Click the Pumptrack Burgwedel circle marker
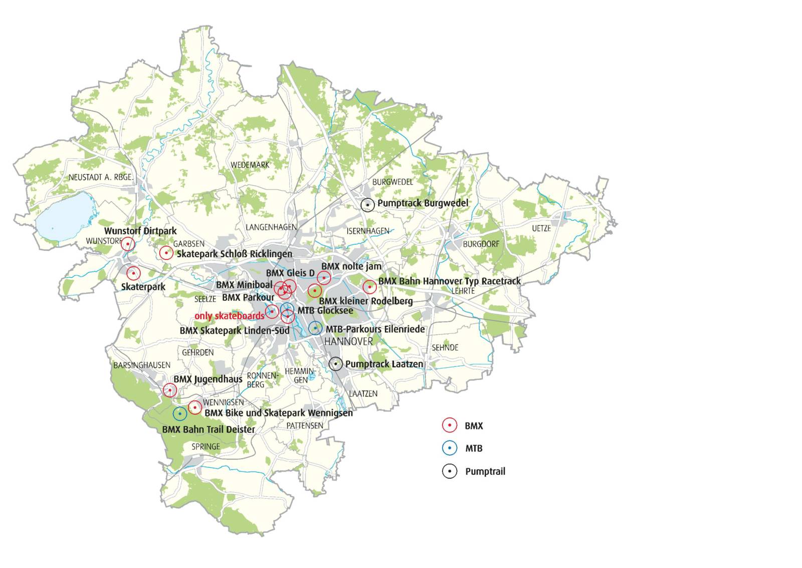tap(367, 205)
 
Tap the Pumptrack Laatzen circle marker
tap(335, 364)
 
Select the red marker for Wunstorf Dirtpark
tap(128, 244)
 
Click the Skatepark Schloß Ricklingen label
tap(234, 254)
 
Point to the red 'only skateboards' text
tap(229, 316)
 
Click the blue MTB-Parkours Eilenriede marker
tap(315, 328)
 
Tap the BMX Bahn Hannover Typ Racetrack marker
tap(369, 287)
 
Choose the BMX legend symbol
tap(450, 425)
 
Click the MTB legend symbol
tap(450, 448)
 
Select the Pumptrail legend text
tap(485, 472)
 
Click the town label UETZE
tap(541, 228)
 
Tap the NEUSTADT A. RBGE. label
tap(101, 177)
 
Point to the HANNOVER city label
tap(348, 342)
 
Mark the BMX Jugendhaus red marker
tap(170, 390)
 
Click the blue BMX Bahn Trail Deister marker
tap(179, 413)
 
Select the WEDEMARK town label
tap(250, 165)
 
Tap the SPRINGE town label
tap(206, 447)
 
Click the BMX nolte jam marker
tap(324, 277)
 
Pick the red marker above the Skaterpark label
tap(133, 273)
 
